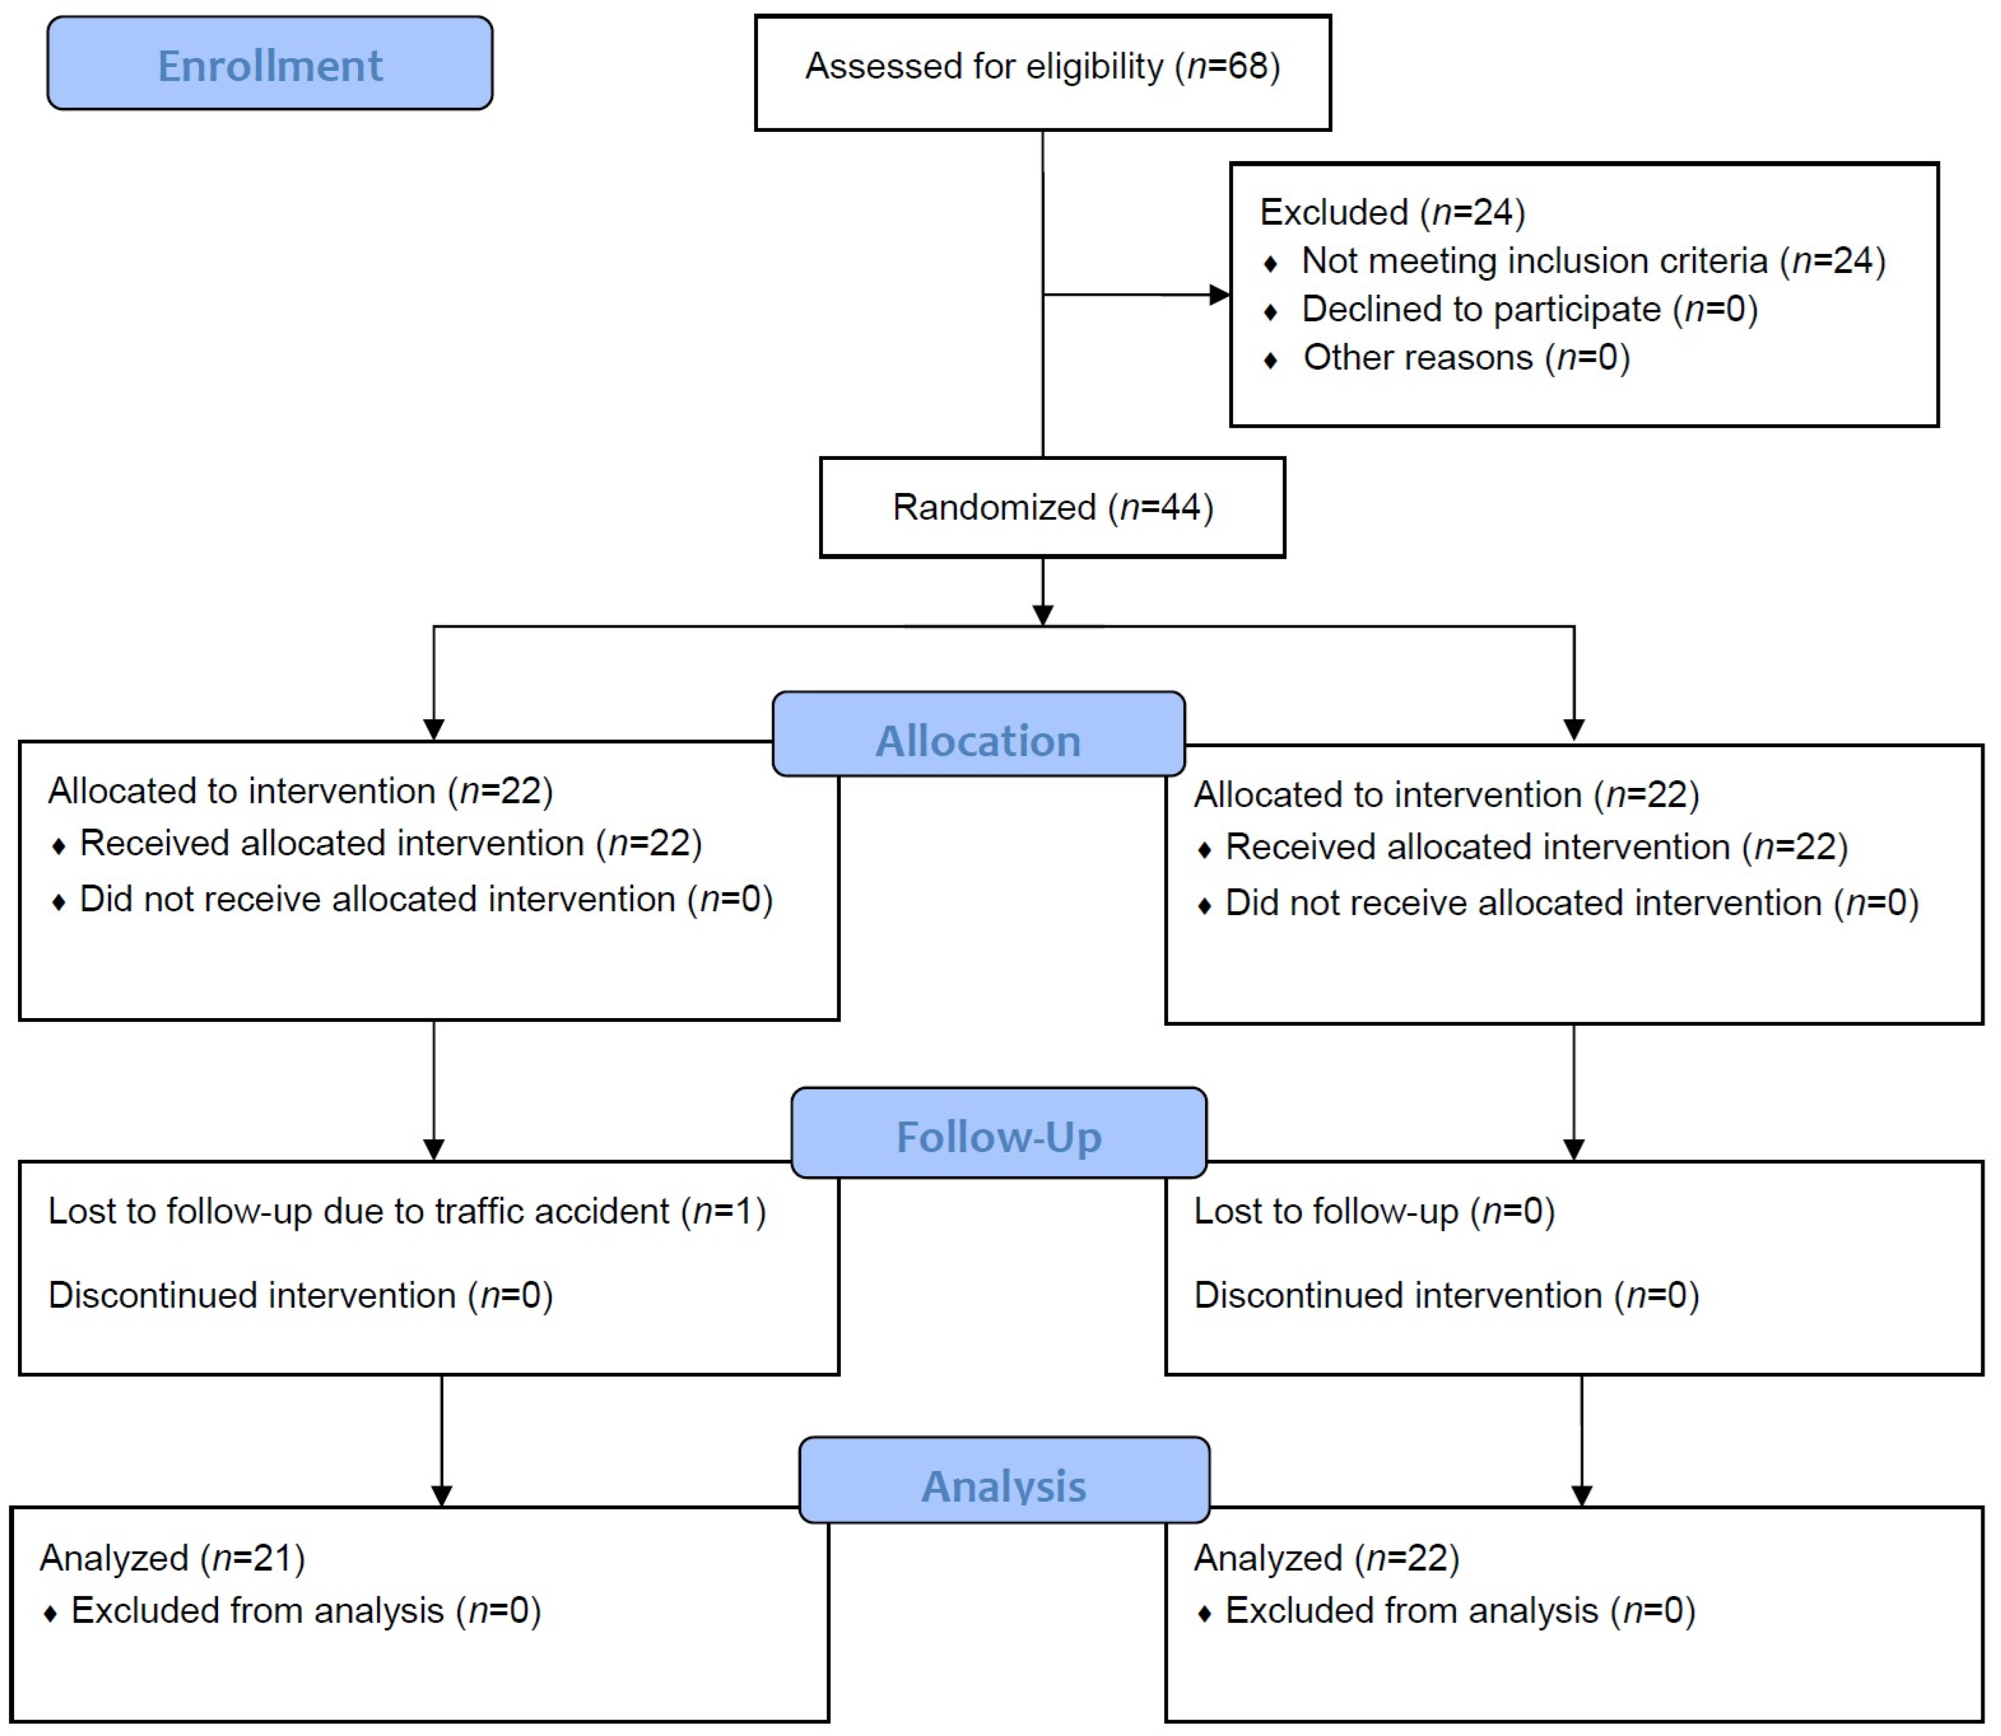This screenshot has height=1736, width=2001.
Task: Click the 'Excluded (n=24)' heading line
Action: pyautogui.click(x=1393, y=212)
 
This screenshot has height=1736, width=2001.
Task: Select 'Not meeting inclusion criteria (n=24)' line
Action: pyautogui.click(x=1593, y=261)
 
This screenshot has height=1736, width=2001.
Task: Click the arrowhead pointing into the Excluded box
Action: pyautogui.click(x=1220, y=295)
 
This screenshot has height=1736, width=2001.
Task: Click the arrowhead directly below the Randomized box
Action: pyautogui.click(x=1043, y=615)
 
